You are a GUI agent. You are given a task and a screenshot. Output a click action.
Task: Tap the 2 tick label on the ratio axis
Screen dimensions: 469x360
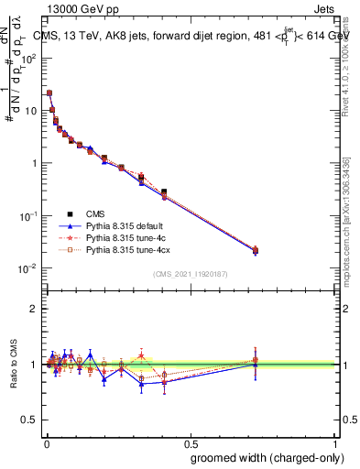(35, 309)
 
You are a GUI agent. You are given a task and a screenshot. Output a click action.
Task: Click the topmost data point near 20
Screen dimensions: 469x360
(49, 93)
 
